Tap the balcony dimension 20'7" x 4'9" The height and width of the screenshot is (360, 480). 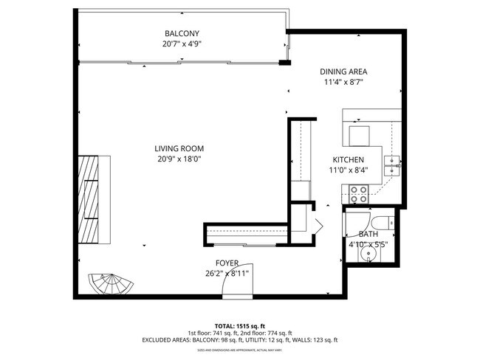[x=182, y=44]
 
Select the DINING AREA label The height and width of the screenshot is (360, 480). [x=343, y=72]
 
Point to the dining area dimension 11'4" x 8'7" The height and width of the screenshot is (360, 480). [x=343, y=82]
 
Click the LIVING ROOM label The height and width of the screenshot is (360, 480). [x=179, y=148]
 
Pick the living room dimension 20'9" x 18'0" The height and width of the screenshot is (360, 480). [x=179, y=158]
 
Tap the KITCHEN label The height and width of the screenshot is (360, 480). [x=349, y=160]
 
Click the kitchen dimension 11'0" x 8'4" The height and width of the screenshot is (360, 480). [x=349, y=170]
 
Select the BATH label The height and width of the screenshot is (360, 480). [x=368, y=234]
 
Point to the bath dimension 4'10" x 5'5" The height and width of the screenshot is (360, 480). [x=368, y=244]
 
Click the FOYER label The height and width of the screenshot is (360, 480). [x=226, y=263]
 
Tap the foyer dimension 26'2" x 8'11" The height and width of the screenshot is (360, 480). [x=226, y=273]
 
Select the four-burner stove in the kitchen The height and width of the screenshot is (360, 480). [x=359, y=194]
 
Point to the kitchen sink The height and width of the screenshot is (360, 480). [x=392, y=164]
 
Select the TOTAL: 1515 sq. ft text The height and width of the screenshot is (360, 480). [x=239, y=325]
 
